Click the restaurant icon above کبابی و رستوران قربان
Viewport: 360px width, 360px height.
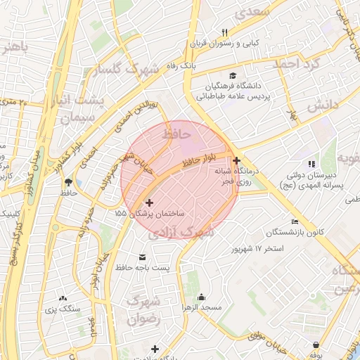pyautogui.click(x=225, y=32)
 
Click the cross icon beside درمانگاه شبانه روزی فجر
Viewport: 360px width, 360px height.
pyautogui.click(x=236, y=161)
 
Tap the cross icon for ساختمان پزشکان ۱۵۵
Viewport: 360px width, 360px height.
pyautogui.click(x=149, y=202)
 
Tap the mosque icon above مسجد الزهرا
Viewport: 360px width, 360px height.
pyautogui.click(x=202, y=297)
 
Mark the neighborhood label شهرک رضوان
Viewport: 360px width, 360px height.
pyautogui.click(x=145, y=309)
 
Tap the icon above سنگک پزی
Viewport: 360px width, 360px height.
pyautogui.click(x=63, y=298)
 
